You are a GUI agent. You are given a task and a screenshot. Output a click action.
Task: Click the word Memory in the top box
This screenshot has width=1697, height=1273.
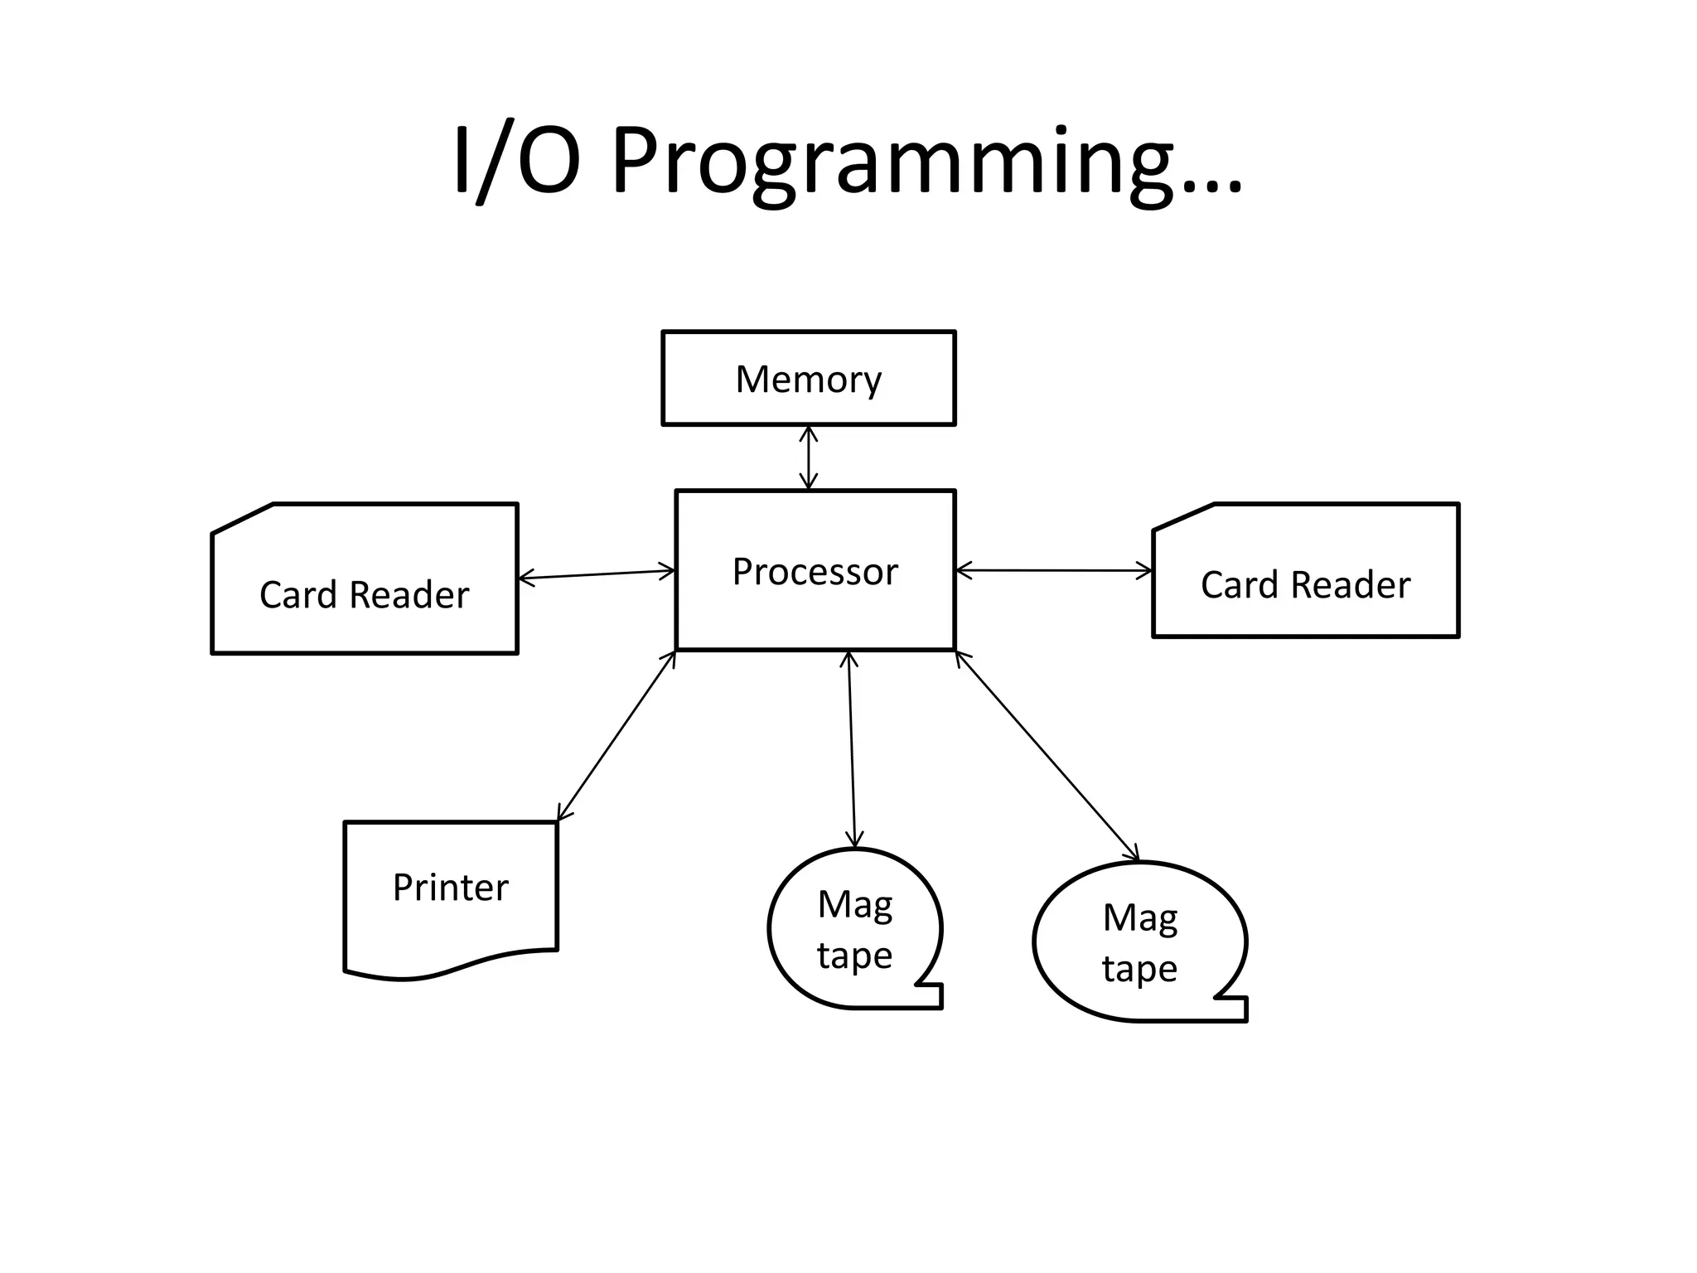point(808,380)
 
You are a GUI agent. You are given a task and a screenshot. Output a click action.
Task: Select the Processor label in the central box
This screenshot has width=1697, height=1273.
point(815,572)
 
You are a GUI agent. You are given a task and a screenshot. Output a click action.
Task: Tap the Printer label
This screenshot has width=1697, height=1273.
point(450,888)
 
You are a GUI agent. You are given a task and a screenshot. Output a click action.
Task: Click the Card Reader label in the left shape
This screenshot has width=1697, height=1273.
point(364,595)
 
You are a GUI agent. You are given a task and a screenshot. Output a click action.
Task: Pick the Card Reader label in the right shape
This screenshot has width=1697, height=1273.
point(1305,585)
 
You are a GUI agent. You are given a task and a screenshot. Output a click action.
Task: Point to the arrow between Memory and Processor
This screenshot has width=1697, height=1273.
point(809,457)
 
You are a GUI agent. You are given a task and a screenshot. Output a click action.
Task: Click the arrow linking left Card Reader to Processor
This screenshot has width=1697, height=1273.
point(597,574)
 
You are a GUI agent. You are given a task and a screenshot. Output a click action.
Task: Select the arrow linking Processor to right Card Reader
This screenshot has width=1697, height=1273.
point(1053,570)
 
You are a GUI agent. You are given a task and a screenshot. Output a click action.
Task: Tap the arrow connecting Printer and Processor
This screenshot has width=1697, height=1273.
point(616,736)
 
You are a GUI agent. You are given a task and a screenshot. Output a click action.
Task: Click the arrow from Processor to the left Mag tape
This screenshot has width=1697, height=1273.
point(852,750)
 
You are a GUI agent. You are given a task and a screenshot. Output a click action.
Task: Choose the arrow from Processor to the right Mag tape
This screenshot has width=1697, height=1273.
point(1047,756)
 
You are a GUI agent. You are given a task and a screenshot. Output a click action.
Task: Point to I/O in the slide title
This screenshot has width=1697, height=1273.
point(515,162)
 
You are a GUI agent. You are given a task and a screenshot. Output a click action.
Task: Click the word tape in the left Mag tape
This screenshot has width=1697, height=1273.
point(854,956)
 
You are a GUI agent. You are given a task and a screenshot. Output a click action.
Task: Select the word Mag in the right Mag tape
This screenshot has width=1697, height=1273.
point(1140,918)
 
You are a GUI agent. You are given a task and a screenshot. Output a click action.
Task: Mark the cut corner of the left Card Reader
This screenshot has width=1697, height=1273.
point(242,518)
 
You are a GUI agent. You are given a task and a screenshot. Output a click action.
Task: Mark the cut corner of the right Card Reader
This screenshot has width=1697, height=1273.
point(1183,516)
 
